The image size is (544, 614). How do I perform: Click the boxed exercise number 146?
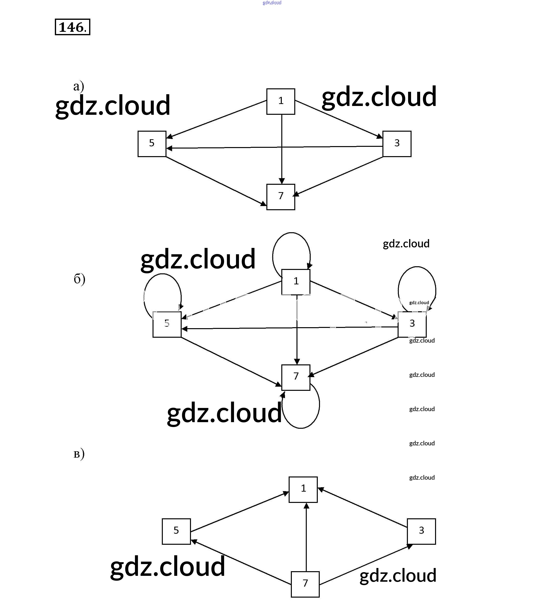(72, 27)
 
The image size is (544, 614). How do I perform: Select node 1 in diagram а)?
(281, 102)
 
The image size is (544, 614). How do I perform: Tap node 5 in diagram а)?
(152, 144)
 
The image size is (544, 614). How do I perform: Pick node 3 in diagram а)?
(397, 144)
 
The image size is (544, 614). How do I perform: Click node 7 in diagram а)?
(281, 197)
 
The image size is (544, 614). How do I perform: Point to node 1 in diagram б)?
(296, 282)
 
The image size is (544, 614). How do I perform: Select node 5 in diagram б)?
(167, 324)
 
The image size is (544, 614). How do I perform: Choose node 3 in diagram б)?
(412, 324)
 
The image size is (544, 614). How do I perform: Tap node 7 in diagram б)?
(296, 377)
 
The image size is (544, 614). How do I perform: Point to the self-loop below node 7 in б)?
(319, 405)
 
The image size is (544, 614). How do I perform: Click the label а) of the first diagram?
(78, 87)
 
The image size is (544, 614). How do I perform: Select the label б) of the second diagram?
(79, 279)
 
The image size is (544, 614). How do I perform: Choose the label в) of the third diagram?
(79, 454)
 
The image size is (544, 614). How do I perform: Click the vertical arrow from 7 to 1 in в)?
(306, 538)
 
